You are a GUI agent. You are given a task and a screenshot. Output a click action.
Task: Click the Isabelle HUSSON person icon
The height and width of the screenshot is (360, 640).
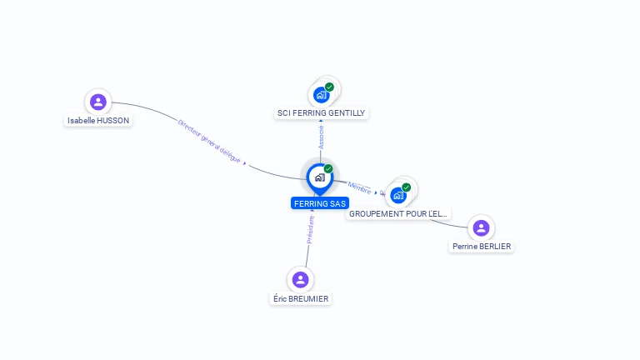[x=98, y=102]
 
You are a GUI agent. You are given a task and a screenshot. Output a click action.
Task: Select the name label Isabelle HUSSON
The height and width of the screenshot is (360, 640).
[x=99, y=120]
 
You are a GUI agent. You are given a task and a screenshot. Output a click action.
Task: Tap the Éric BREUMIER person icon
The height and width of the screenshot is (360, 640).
[x=301, y=279]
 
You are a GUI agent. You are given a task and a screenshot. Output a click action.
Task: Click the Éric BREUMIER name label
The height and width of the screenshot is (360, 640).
[x=301, y=298]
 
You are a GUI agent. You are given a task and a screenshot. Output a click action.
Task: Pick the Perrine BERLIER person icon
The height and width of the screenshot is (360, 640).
[x=481, y=227]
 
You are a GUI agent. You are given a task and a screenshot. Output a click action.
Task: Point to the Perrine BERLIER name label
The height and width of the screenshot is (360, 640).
[x=481, y=246]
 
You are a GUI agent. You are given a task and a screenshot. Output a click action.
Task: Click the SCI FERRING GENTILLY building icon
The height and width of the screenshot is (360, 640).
[x=322, y=95]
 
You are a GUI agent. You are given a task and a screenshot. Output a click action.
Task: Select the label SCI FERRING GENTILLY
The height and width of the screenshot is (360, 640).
[x=321, y=112]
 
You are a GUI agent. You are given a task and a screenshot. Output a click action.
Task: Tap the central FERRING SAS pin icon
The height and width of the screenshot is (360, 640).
[x=319, y=177]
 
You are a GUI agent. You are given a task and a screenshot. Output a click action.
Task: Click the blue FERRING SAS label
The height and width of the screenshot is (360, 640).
[x=320, y=203]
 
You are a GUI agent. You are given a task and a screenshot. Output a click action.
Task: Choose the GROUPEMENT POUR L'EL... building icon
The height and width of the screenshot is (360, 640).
[x=398, y=195]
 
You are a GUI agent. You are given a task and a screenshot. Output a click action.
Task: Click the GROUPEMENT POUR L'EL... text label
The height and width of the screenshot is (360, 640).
[x=398, y=213]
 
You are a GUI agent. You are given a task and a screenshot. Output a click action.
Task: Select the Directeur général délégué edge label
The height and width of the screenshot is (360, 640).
[x=208, y=139]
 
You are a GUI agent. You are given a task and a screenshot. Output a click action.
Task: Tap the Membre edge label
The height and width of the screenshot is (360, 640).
[x=359, y=187]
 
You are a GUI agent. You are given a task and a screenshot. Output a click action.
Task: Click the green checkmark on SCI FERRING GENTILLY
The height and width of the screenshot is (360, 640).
[x=329, y=87]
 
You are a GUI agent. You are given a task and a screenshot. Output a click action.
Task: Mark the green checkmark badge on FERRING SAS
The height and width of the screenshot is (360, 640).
[x=328, y=169]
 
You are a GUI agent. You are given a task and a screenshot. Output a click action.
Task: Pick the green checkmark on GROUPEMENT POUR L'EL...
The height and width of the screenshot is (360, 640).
[x=406, y=187]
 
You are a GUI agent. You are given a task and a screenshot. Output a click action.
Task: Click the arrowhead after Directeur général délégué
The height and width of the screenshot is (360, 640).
[x=245, y=163]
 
